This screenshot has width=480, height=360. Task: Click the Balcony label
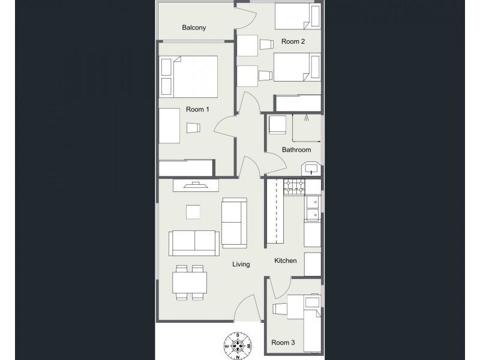(x=194, y=28)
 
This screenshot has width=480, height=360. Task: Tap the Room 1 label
(x=197, y=109)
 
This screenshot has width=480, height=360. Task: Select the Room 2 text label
(x=293, y=41)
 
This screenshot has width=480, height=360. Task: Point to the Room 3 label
(x=283, y=343)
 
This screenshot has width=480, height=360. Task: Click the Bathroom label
(x=296, y=150)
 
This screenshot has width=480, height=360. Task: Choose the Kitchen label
(x=286, y=261)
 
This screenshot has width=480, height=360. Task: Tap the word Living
(x=241, y=264)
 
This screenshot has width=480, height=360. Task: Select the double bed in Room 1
(x=188, y=77)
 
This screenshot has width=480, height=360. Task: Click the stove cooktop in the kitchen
(x=293, y=188)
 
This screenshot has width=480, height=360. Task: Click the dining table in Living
(x=190, y=281)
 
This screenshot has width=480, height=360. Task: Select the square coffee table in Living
(x=193, y=213)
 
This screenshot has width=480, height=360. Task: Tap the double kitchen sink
(x=313, y=210)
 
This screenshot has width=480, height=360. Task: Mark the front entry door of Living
(x=247, y=311)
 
